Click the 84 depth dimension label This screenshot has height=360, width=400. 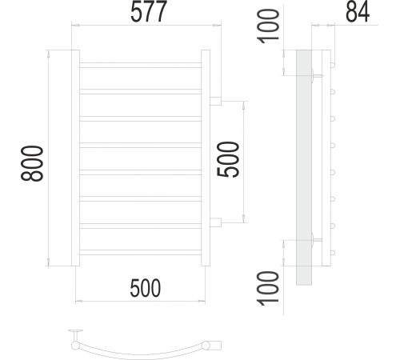pyautogui.click(x=357, y=14)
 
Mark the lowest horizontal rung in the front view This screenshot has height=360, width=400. pyautogui.click(x=141, y=252)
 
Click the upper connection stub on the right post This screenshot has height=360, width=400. pyautogui.click(x=216, y=100)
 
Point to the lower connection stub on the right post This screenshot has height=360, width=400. pyautogui.click(x=216, y=220)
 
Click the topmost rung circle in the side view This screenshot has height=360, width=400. pyautogui.click(x=330, y=64)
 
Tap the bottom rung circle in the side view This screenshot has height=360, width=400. pyautogui.click(x=330, y=254)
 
